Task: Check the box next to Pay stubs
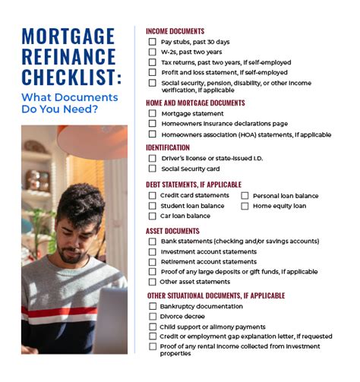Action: [152, 42]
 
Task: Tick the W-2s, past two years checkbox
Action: [152, 52]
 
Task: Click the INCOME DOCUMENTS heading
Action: [175, 31]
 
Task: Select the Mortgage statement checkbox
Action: [152, 113]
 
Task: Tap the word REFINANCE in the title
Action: [68, 56]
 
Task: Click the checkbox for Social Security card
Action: [152, 169]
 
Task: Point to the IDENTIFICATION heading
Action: [168, 147]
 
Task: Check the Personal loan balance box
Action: [245, 195]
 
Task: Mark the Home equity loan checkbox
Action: [245, 205]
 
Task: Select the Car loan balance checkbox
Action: [152, 216]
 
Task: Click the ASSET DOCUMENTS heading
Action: [172, 231]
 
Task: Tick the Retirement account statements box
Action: [152, 262]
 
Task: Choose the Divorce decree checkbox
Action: [152, 317]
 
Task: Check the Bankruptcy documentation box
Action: [152, 306]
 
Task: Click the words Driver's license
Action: [182, 158]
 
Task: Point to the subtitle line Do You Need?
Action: [65, 109]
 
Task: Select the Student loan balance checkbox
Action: [152, 205]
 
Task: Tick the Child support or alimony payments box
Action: [152, 327]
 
